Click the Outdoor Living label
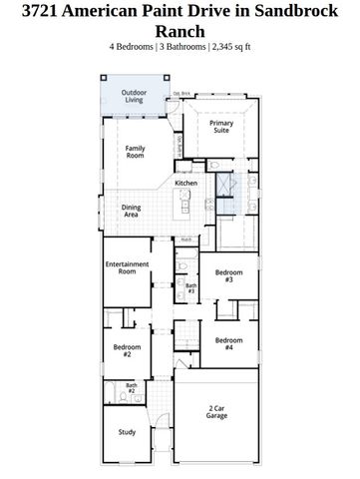point(133,96)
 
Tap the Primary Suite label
point(221,126)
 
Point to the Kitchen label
point(185,183)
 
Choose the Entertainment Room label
point(127,267)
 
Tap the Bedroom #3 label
point(228,275)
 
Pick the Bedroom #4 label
point(228,342)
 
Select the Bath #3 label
point(190,288)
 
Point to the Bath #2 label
point(131,387)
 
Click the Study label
point(127,432)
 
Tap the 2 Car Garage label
point(217,410)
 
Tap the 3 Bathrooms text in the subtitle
point(185,47)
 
